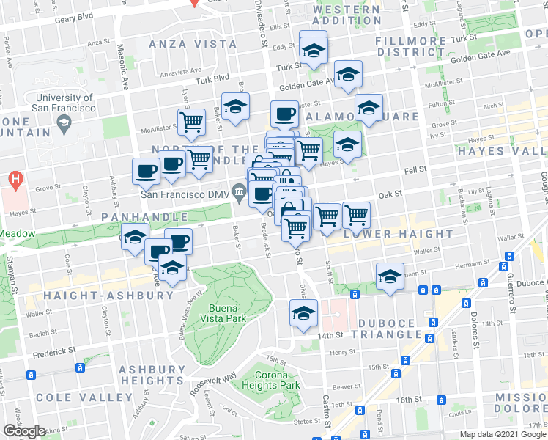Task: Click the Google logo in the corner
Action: coord(24,431)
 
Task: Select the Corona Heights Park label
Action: coord(271,380)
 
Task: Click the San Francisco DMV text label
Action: coord(186,194)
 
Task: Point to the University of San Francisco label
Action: coord(64,103)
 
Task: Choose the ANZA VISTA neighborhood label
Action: coord(193,44)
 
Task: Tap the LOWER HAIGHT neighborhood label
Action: coord(399,234)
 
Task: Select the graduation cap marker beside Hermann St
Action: coord(390,276)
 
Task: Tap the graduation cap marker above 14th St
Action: coord(303,313)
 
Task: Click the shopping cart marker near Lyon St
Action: coord(192,122)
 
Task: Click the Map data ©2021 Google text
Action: coord(502,434)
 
